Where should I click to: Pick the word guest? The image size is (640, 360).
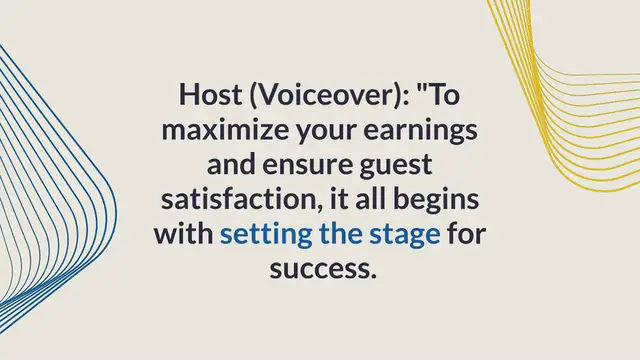coord(392,165)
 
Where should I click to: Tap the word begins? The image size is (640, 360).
coord(441,200)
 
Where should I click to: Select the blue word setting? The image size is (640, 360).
coord(261,235)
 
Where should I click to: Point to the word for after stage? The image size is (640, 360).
coord(467,235)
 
